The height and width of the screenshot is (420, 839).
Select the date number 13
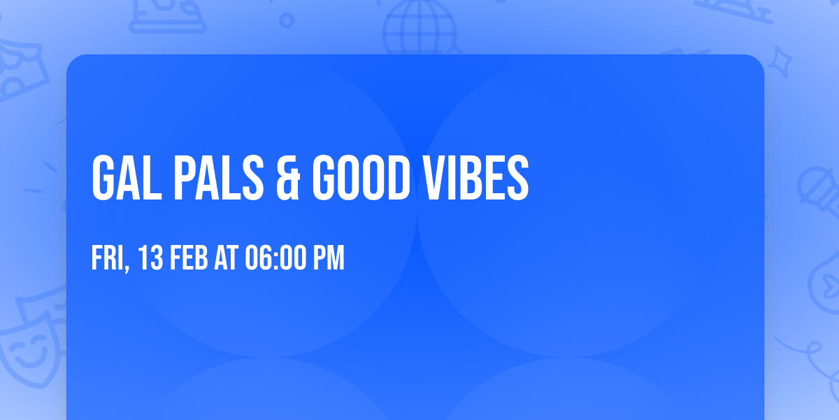click(151, 258)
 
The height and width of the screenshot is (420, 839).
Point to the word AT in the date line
click(227, 258)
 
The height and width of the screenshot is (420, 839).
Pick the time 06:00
click(273, 258)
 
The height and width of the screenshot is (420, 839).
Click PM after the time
click(328, 258)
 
